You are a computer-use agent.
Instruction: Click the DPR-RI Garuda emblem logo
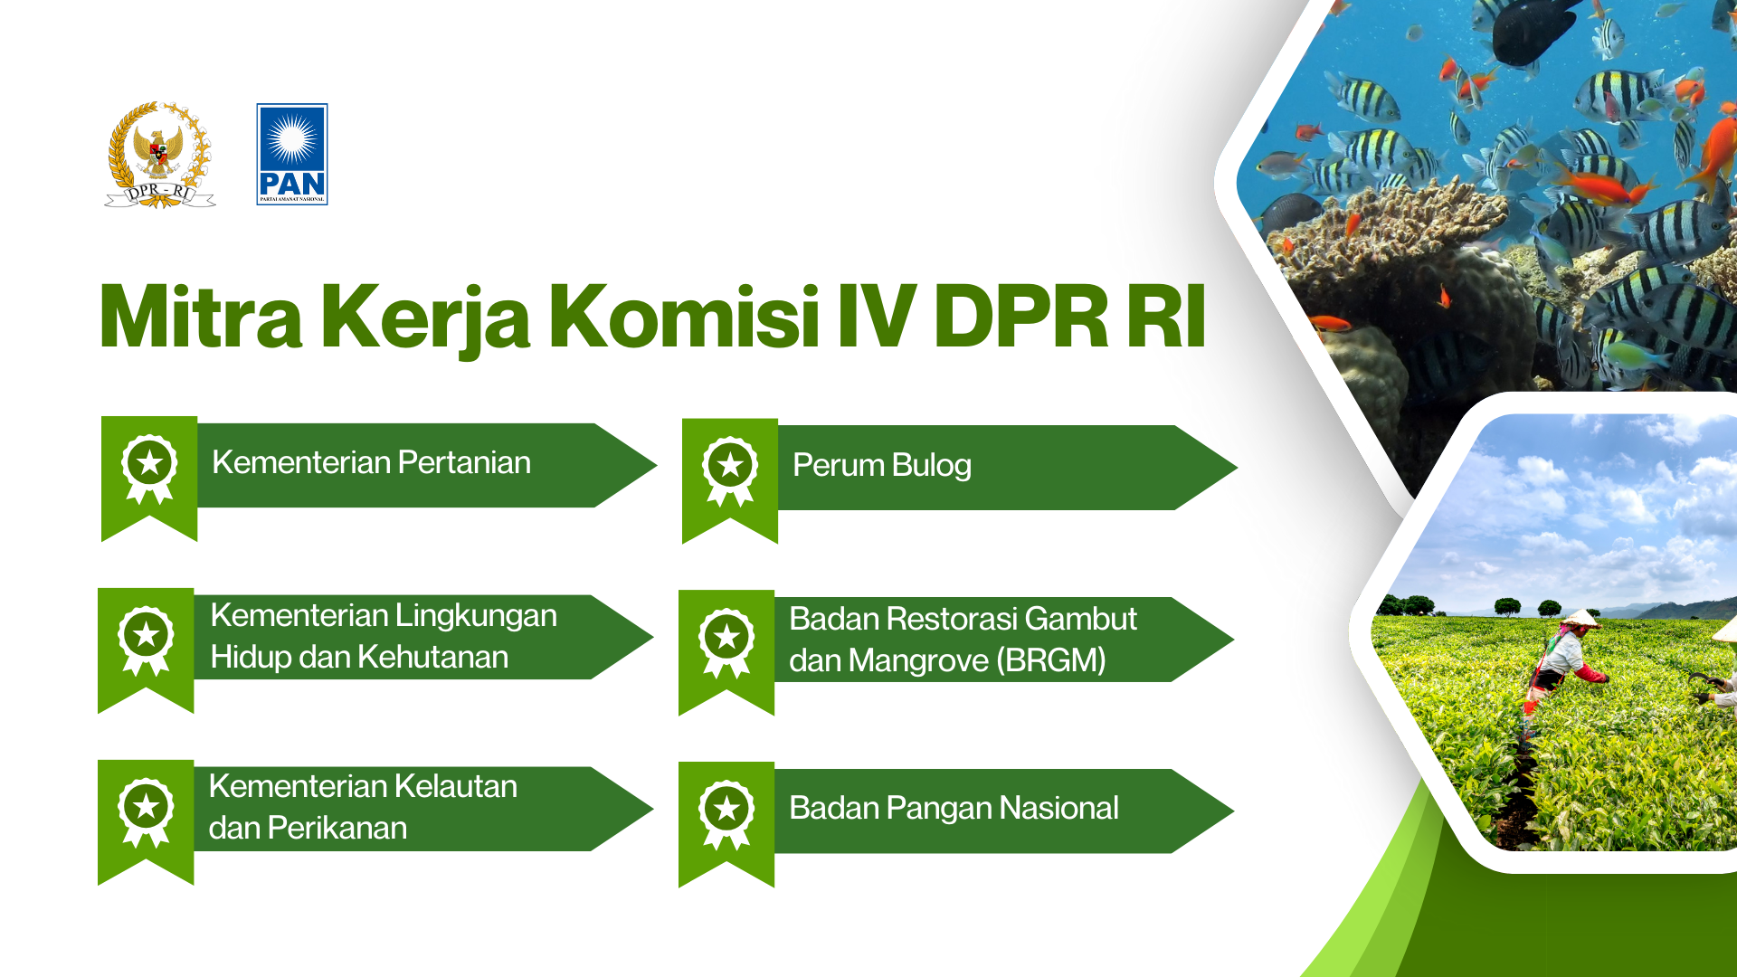[160, 155]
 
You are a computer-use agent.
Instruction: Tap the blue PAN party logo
[292, 155]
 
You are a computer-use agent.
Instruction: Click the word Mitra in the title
[201, 317]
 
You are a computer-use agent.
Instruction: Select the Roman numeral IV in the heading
[877, 317]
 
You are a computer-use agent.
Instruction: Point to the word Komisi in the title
[685, 317]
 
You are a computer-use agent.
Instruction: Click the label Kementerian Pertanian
[371, 462]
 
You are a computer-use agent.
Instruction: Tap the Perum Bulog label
[882, 465]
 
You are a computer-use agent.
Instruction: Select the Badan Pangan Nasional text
[954, 808]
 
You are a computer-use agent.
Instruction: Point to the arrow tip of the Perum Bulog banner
[1237, 468]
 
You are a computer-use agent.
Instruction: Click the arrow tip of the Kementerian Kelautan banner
[652, 809]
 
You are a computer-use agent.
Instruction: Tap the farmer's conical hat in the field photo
[1581, 618]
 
